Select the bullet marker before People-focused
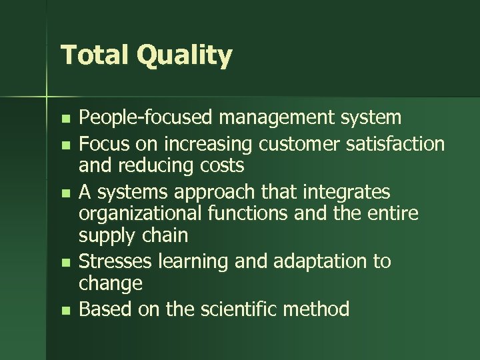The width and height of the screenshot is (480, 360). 64,119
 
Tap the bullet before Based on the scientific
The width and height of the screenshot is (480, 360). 64,310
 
